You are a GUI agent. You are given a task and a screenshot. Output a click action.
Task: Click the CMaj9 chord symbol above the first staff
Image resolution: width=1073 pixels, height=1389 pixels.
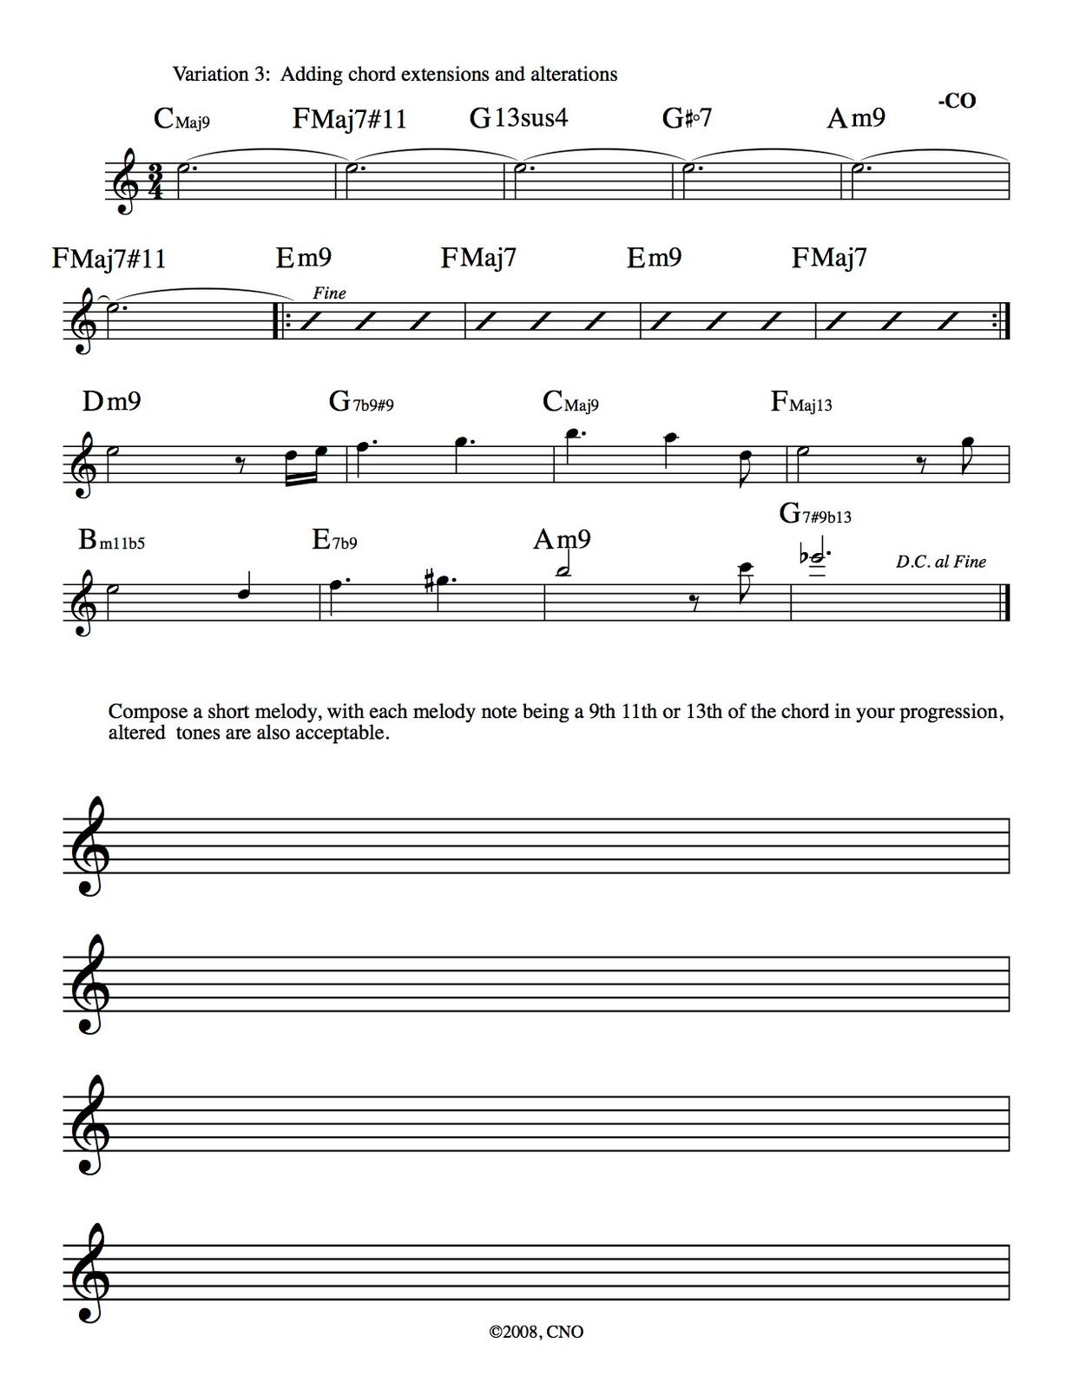[x=181, y=118]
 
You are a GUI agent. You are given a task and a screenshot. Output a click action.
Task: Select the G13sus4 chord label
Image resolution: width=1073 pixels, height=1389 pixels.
[x=518, y=117]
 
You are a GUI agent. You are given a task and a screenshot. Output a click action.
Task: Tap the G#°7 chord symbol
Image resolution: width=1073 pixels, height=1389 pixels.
[x=687, y=117]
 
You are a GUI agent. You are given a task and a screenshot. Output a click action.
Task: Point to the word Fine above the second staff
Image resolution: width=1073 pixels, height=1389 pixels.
[x=329, y=293]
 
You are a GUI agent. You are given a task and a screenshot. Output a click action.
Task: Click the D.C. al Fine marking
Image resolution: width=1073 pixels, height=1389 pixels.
[x=941, y=562]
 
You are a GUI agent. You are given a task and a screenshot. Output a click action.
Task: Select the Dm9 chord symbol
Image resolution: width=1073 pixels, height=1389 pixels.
[x=111, y=401]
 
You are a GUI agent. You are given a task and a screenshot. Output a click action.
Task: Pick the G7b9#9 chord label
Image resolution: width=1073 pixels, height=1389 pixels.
[x=361, y=402]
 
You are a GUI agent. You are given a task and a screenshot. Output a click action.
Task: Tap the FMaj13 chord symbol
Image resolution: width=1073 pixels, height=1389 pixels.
[x=800, y=402]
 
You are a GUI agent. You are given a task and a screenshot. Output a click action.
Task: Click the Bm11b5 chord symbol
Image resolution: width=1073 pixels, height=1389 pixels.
[x=111, y=541]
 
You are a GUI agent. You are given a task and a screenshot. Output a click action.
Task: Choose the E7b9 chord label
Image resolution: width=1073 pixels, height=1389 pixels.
[x=334, y=541]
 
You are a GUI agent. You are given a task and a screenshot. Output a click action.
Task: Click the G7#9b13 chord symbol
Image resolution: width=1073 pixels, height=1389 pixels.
[x=815, y=514]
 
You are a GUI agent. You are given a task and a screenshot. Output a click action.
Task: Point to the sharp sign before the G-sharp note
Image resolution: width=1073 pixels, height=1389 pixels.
[x=429, y=578]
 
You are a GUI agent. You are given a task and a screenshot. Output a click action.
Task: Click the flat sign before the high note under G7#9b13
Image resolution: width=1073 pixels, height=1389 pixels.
[x=806, y=555]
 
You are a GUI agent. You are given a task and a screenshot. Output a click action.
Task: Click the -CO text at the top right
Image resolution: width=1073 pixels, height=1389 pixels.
[x=957, y=101]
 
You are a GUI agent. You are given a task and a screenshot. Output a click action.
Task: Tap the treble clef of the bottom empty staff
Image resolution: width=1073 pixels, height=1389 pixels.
[x=89, y=1273]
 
